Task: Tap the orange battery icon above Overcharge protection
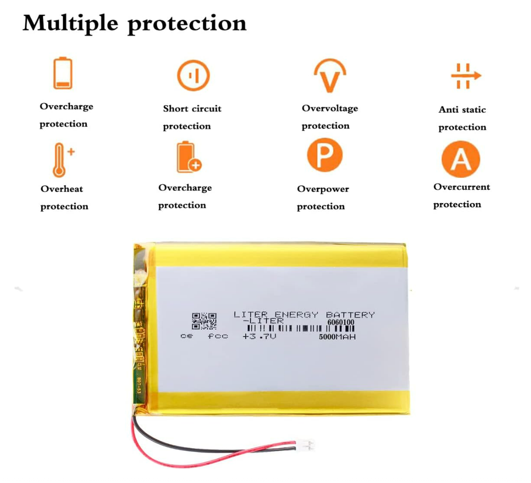click(x=63, y=74)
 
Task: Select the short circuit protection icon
click(x=193, y=76)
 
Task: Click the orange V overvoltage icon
click(x=330, y=77)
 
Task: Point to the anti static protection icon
click(x=465, y=76)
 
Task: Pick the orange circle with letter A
click(x=460, y=159)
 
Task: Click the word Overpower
click(x=323, y=189)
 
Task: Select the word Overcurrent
click(x=461, y=187)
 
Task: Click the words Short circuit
click(x=192, y=109)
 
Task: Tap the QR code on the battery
click(x=200, y=321)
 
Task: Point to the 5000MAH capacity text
click(x=337, y=336)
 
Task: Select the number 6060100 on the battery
click(x=341, y=321)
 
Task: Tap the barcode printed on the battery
click(x=299, y=329)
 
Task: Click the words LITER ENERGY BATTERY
click(x=304, y=315)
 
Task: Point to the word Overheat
click(x=62, y=189)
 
